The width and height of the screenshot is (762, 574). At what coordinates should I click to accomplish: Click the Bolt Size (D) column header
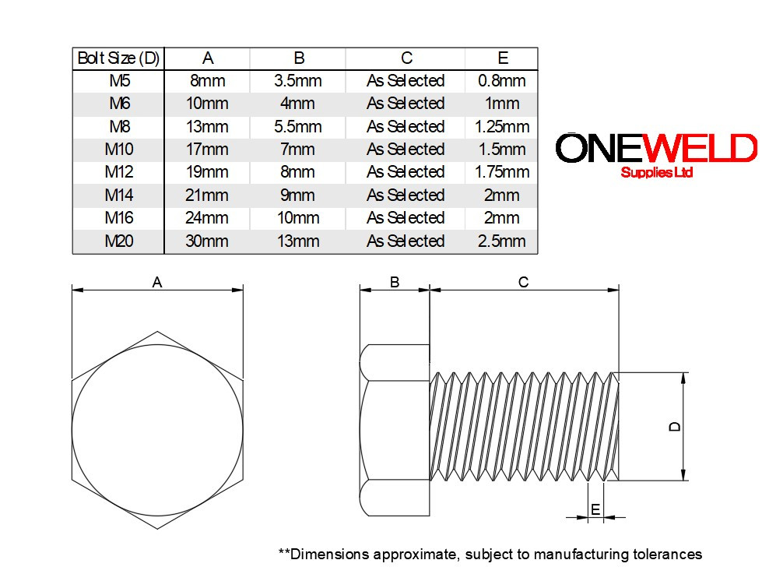click(118, 58)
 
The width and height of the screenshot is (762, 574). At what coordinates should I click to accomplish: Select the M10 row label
click(118, 150)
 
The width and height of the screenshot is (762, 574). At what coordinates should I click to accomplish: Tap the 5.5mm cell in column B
click(297, 127)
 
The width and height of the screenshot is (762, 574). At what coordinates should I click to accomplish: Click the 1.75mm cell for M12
click(502, 172)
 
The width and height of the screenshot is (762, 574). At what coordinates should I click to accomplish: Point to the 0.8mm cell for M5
click(502, 81)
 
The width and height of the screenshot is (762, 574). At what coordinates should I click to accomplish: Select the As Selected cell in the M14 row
click(406, 195)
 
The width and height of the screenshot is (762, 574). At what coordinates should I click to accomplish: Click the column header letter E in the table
click(502, 58)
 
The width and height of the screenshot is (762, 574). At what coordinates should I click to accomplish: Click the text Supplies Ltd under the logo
click(656, 173)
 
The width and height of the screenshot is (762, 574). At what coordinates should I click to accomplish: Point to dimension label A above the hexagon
click(157, 283)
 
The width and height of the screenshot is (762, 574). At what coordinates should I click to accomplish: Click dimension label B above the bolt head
click(395, 282)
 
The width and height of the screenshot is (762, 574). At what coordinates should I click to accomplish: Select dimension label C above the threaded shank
click(523, 282)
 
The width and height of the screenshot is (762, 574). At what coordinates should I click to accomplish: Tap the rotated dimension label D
click(675, 426)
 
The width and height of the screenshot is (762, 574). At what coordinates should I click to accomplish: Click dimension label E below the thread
click(595, 510)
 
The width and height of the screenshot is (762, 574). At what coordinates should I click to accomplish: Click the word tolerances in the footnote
click(667, 555)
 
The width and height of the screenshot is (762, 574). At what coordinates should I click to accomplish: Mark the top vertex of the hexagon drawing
click(158, 331)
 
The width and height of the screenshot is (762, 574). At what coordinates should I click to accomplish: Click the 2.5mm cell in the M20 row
click(502, 241)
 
